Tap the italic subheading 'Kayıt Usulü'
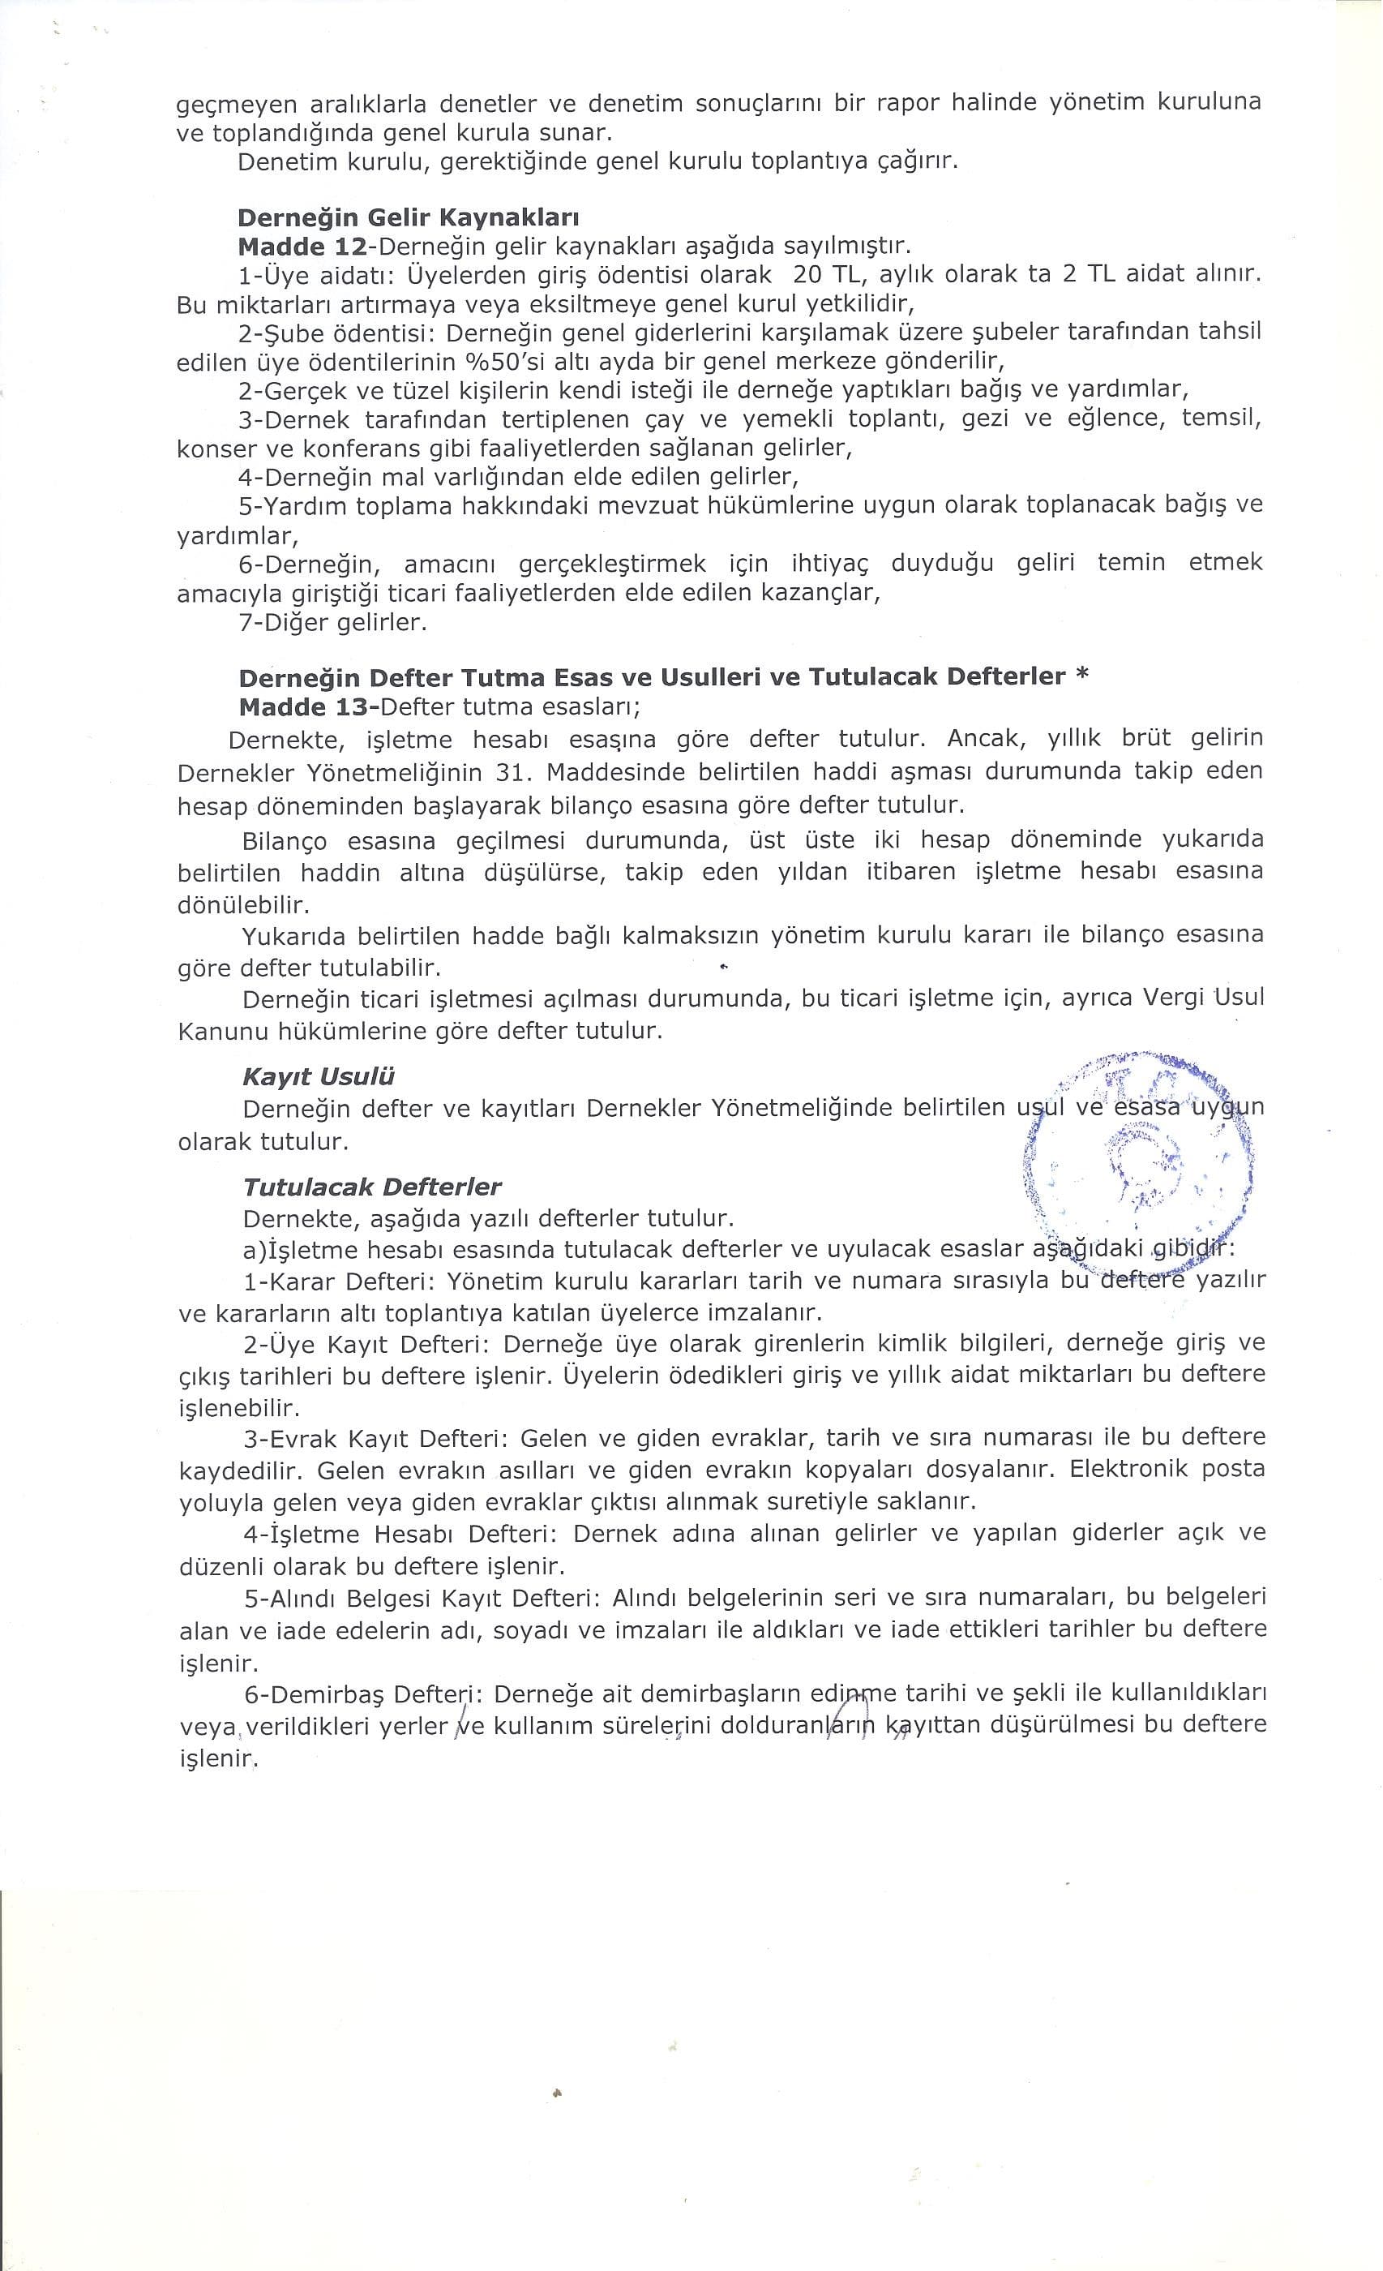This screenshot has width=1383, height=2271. tap(319, 1076)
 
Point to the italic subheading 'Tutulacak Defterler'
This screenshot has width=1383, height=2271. tap(372, 1187)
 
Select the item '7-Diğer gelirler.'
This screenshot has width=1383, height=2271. tap(332, 623)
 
